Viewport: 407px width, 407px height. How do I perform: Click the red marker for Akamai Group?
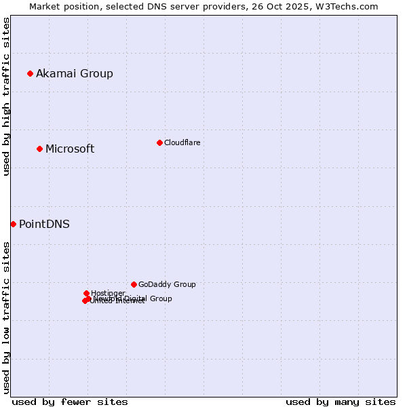pos(30,73)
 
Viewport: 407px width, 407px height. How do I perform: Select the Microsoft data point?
pos(39,149)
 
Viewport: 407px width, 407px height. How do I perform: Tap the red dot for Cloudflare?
pos(159,142)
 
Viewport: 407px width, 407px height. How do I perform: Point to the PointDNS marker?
pos(13,224)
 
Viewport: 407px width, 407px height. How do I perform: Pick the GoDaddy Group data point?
pos(134,284)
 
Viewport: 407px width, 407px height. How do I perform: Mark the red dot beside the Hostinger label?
pos(86,293)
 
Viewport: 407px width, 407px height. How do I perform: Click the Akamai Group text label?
pos(75,73)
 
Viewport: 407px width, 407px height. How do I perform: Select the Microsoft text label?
pos(70,149)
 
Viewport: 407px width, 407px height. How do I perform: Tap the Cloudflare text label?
pos(182,142)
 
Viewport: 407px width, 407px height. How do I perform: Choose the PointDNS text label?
pos(44,224)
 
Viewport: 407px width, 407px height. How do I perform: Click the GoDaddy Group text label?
pos(167,284)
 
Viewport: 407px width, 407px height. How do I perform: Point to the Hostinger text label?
pos(108,293)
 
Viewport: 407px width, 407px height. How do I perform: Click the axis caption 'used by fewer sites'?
pos(70,402)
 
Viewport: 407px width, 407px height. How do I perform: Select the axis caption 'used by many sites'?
pos(341,402)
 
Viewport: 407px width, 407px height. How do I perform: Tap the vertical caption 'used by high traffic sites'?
pos(6,96)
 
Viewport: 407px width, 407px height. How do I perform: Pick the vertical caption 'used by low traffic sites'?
pos(6,317)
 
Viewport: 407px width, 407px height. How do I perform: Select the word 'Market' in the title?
pos(45,6)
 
